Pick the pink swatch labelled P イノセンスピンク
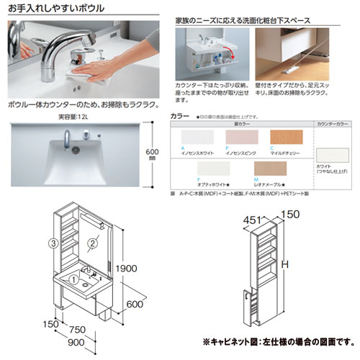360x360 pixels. [x=242, y=139]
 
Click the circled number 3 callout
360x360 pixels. [x=52, y=242]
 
